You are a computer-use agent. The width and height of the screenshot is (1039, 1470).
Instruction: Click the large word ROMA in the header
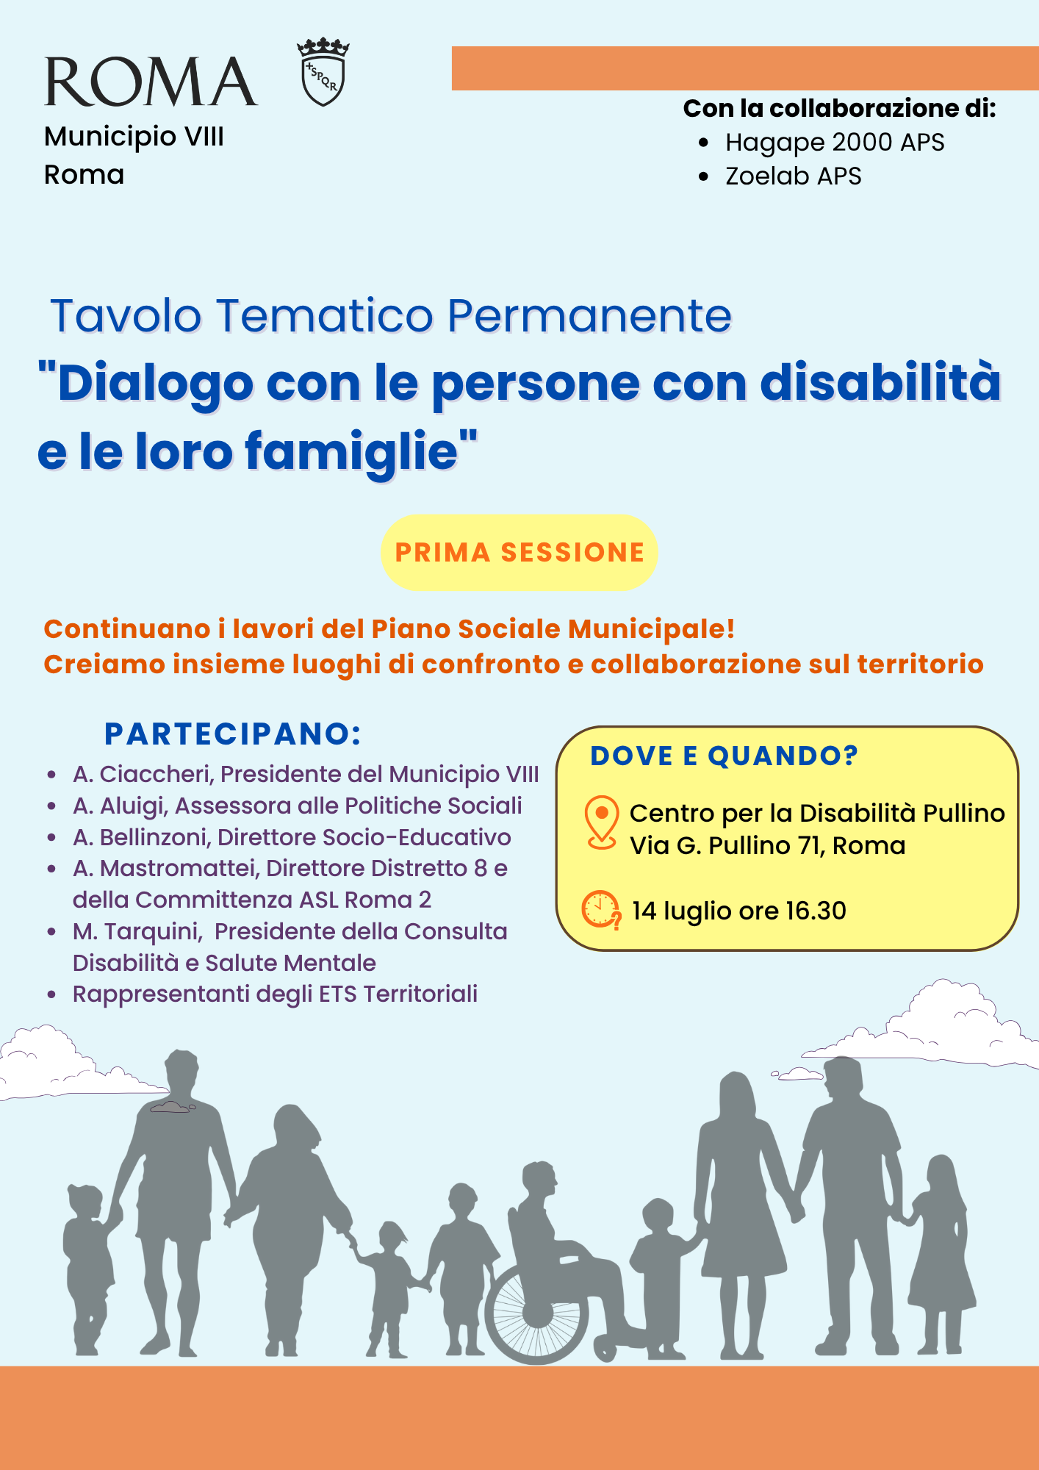(x=151, y=82)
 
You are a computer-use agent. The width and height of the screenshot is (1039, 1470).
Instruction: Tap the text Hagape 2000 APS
(x=835, y=143)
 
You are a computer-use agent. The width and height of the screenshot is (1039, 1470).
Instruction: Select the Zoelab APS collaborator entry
(x=793, y=176)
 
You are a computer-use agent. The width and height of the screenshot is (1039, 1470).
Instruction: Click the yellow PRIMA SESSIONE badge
(x=519, y=552)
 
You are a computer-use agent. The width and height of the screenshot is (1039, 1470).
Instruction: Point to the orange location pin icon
(x=601, y=823)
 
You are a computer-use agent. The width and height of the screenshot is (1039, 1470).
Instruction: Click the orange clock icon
(x=601, y=910)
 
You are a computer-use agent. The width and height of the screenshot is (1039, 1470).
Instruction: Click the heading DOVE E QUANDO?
(x=725, y=756)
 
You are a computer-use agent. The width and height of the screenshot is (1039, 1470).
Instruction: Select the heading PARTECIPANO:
(x=233, y=734)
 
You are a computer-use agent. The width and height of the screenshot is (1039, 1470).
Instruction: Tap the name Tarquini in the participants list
(x=153, y=932)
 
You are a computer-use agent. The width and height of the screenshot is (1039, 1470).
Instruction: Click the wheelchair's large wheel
(x=536, y=1312)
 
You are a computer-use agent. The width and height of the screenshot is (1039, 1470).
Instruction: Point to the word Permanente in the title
(x=589, y=316)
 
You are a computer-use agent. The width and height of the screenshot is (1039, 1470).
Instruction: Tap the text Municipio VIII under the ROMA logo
(x=134, y=137)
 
